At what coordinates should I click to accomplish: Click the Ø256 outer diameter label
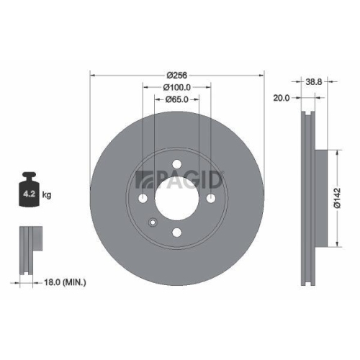(177, 75)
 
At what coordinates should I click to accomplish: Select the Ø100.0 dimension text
(177, 87)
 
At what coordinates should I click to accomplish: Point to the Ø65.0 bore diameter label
(177, 99)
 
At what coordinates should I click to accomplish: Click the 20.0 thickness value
(281, 99)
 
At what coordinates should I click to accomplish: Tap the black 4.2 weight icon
(30, 190)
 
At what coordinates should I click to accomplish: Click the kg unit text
(48, 194)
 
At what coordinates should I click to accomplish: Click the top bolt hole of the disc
(177, 162)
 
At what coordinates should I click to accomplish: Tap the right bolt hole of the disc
(211, 198)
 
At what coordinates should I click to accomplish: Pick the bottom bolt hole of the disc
(177, 231)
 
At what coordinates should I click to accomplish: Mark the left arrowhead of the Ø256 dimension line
(91, 75)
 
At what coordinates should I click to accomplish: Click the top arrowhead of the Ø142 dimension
(335, 153)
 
